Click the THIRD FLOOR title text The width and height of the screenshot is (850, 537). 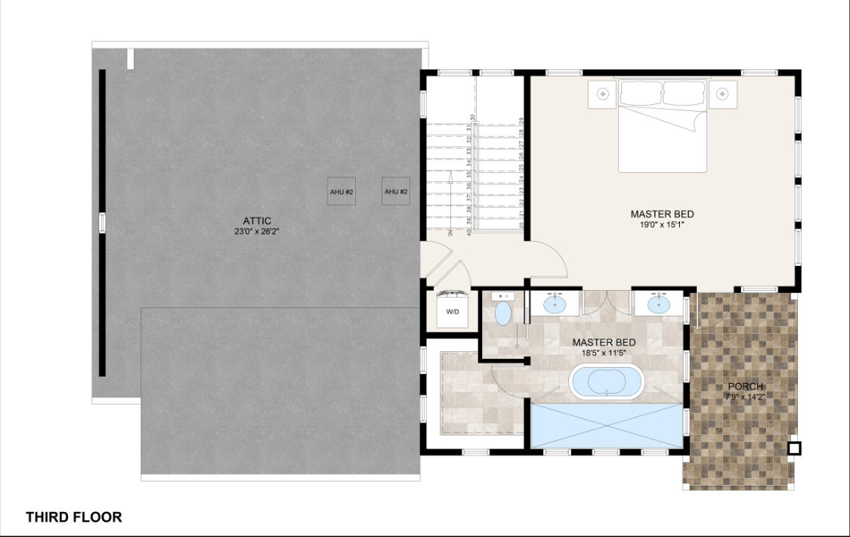click(x=73, y=517)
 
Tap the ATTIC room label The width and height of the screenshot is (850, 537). click(x=258, y=221)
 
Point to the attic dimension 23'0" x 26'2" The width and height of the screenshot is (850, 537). click(x=258, y=232)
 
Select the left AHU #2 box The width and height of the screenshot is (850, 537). click(x=342, y=192)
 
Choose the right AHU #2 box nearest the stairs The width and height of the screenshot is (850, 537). click(x=396, y=192)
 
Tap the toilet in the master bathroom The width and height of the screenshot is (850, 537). click(x=503, y=312)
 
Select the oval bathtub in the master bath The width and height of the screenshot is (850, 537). click(x=606, y=382)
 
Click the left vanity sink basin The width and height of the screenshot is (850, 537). click(x=555, y=304)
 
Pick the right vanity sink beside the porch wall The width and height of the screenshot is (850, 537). click(x=660, y=304)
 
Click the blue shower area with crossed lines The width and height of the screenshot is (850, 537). click(x=607, y=426)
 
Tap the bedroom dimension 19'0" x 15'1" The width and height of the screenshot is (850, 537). click(x=662, y=225)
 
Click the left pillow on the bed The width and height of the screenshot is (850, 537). click(x=641, y=93)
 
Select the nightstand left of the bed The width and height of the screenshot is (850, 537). click(x=603, y=94)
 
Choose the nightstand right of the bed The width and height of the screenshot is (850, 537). click(x=723, y=94)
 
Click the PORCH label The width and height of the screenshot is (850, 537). click(x=744, y=387)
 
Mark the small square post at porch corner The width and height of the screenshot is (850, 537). click(x=793, y=449)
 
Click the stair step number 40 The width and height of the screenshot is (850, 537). click(x=470, y=231)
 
